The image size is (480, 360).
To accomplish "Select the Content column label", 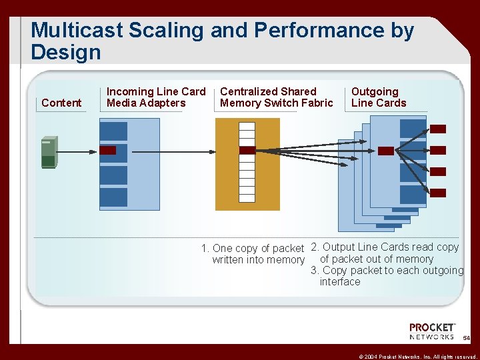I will point(61,103).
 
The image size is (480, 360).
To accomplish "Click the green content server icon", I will point(49,152).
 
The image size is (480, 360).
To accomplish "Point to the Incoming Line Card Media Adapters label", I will point(156,97).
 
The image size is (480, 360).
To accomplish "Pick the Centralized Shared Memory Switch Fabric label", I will point(276,97).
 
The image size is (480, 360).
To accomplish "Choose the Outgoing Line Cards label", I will point(378,97).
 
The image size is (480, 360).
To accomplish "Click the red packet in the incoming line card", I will point(108,151).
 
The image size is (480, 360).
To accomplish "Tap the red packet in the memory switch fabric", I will point(247,151).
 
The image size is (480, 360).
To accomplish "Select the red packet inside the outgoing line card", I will point(386,151).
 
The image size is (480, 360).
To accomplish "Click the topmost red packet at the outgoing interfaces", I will point(438,129).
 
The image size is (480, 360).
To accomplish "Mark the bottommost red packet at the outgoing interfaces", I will point(438,193).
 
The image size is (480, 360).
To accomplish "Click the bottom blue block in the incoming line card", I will point(113,197).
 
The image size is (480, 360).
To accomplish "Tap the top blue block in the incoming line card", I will point(113,131).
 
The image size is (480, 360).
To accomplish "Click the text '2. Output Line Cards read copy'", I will point(385,247).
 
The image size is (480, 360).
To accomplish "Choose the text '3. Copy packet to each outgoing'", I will point(387,271).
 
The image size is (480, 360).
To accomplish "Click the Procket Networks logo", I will point(432,331).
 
